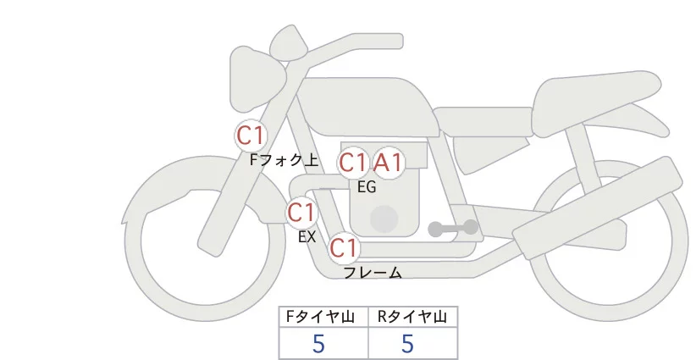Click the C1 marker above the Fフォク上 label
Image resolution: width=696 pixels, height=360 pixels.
coord(251,135)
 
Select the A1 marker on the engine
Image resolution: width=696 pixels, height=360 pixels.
coord(389,163)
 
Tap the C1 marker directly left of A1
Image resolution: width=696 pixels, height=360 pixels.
coord(353,163)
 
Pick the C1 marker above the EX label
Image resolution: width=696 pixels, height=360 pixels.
coord(301,211)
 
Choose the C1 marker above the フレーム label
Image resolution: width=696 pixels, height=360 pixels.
coord(344,248)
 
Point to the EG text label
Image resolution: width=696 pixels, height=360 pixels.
coord(367,187)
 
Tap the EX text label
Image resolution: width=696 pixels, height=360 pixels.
coord(307,237)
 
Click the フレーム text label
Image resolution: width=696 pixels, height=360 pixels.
coord(373,273)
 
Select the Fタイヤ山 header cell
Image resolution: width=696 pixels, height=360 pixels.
coord(323,317)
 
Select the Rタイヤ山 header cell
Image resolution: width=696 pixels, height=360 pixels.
coord(412,317)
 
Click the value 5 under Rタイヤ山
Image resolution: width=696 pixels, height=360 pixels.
coord(407,344)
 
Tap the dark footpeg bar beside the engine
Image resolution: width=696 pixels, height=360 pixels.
coord(453,228)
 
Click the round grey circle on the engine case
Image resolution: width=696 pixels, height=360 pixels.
coord(384,219)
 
